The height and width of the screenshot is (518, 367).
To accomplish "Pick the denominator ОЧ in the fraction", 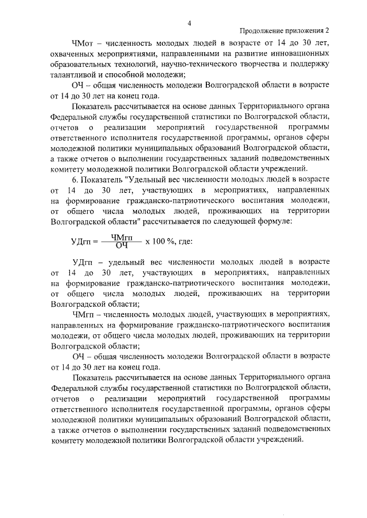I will coord(121,246).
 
